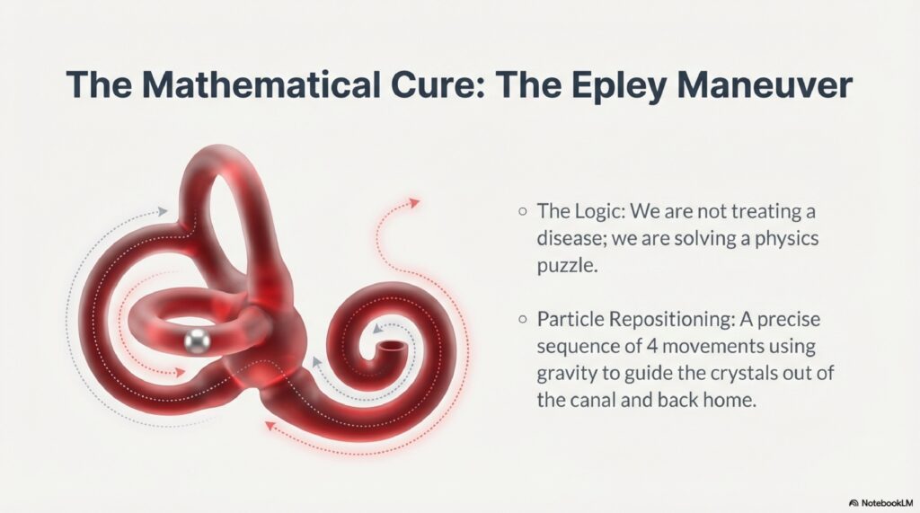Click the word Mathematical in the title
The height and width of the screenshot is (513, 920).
tap(260, 84)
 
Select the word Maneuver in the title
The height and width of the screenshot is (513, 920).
tap(764, 84)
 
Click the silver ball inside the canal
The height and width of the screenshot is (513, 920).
tap(197, 341)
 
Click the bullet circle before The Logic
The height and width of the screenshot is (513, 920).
tap(523, 211)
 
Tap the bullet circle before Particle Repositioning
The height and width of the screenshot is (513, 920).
tap(523, 319)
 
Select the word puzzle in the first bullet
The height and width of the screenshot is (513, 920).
tap(568, 267)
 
